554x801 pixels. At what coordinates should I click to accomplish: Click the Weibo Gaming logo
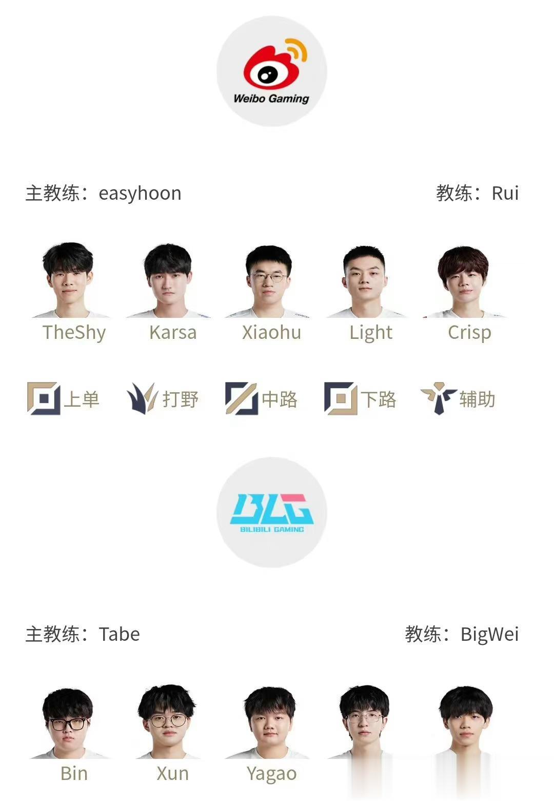coord(271,71)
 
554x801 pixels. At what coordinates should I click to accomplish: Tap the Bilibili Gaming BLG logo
coord(271,512)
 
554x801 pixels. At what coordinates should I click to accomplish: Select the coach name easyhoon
coord(140,194)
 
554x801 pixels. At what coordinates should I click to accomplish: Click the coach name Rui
coord(505,193)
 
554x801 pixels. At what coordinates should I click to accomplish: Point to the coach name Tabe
coord(120,634)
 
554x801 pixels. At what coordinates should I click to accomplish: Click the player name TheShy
coord(74,333)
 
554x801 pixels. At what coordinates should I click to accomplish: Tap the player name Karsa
coord(173,333)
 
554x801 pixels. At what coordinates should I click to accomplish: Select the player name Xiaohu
coord(271,333)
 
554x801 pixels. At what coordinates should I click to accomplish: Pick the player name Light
coord(371,333)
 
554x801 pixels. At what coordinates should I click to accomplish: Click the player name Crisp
coord(469,333)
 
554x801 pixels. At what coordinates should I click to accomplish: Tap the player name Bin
coord(74,773)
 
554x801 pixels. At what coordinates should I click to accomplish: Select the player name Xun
coord(172,773)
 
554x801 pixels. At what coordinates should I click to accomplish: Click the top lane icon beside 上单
coord(44,398)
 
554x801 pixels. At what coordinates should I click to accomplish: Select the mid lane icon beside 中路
coord(242,398)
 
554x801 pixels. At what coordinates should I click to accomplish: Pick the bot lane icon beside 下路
coord(341,398)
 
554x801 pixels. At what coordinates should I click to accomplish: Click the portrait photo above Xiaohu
coord(269,281)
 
